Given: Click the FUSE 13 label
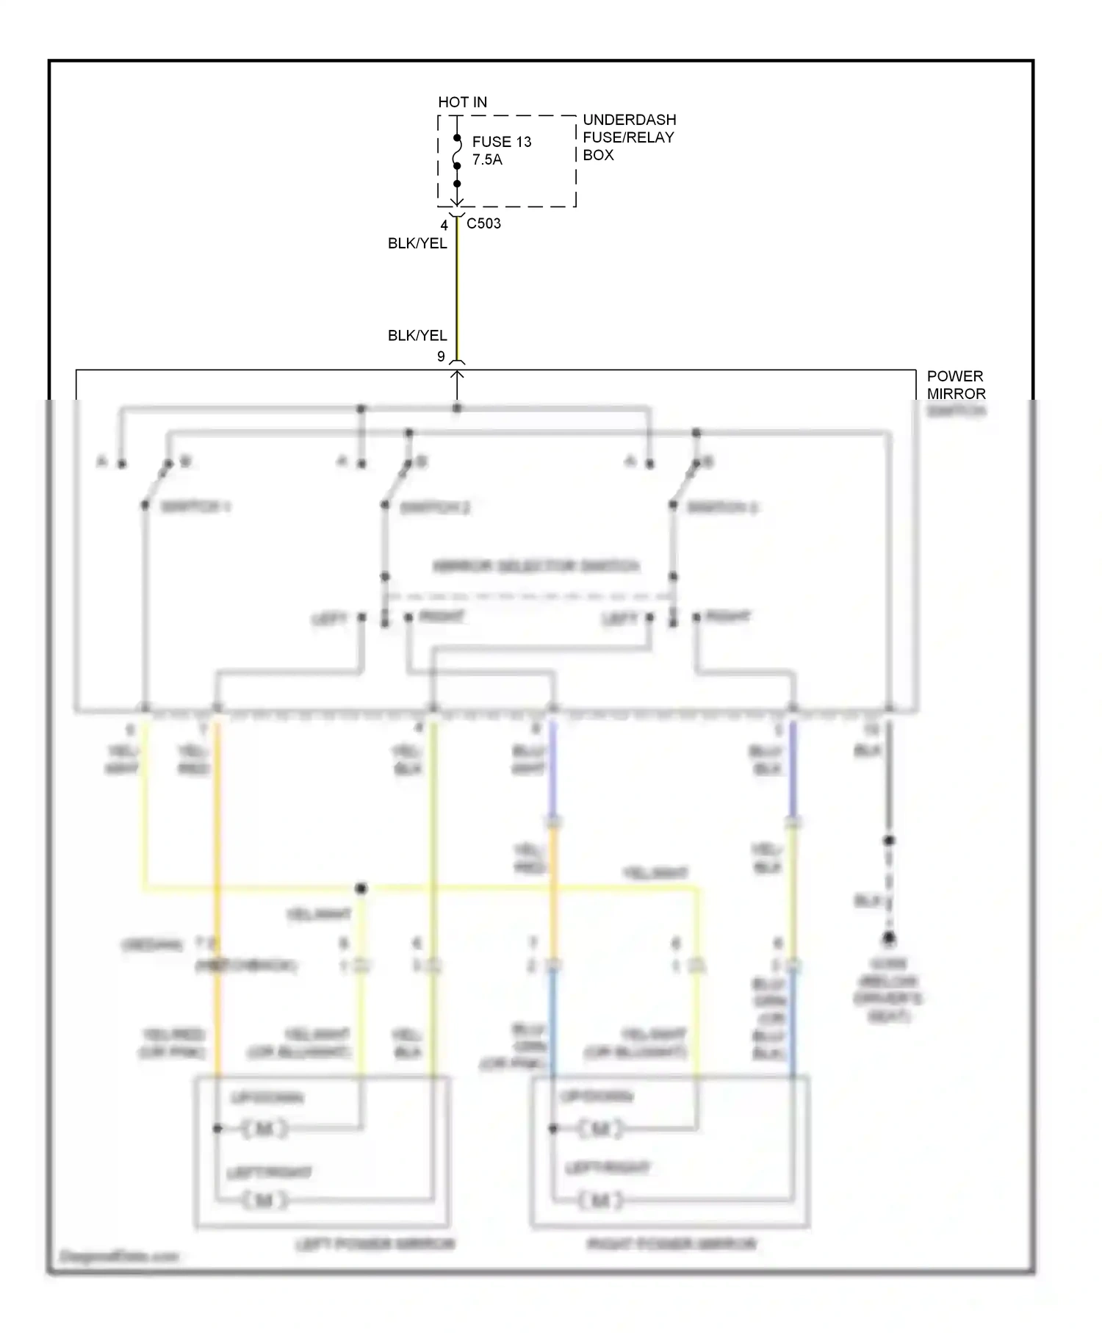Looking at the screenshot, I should tap(501, 141).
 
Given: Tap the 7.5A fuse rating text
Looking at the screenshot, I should tap(487, 159).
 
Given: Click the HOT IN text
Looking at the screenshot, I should tap(462, 102).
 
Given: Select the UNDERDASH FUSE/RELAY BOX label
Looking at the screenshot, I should tap(629, 137).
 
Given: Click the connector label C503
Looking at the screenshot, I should tap(483, 223).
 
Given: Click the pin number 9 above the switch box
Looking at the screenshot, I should tap(441, 356).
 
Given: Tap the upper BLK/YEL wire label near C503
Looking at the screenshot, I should tap(417, 243).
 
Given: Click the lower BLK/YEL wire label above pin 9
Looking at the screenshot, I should tap(417, 335).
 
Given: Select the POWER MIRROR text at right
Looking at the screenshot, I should tap(956, 384).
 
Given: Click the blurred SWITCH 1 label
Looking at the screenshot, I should tap(195, 507).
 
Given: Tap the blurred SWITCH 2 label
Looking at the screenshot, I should tap(435, 508).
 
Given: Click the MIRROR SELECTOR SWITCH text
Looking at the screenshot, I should tap(536, 566).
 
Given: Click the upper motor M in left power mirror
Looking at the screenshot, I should tap(264, 1128).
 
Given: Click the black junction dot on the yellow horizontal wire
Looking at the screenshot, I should tap(361, 888).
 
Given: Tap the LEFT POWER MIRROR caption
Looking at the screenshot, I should tap(375, 1244).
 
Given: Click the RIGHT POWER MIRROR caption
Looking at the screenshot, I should tap(671, 1244).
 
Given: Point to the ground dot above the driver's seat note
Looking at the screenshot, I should tap(889, 938).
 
